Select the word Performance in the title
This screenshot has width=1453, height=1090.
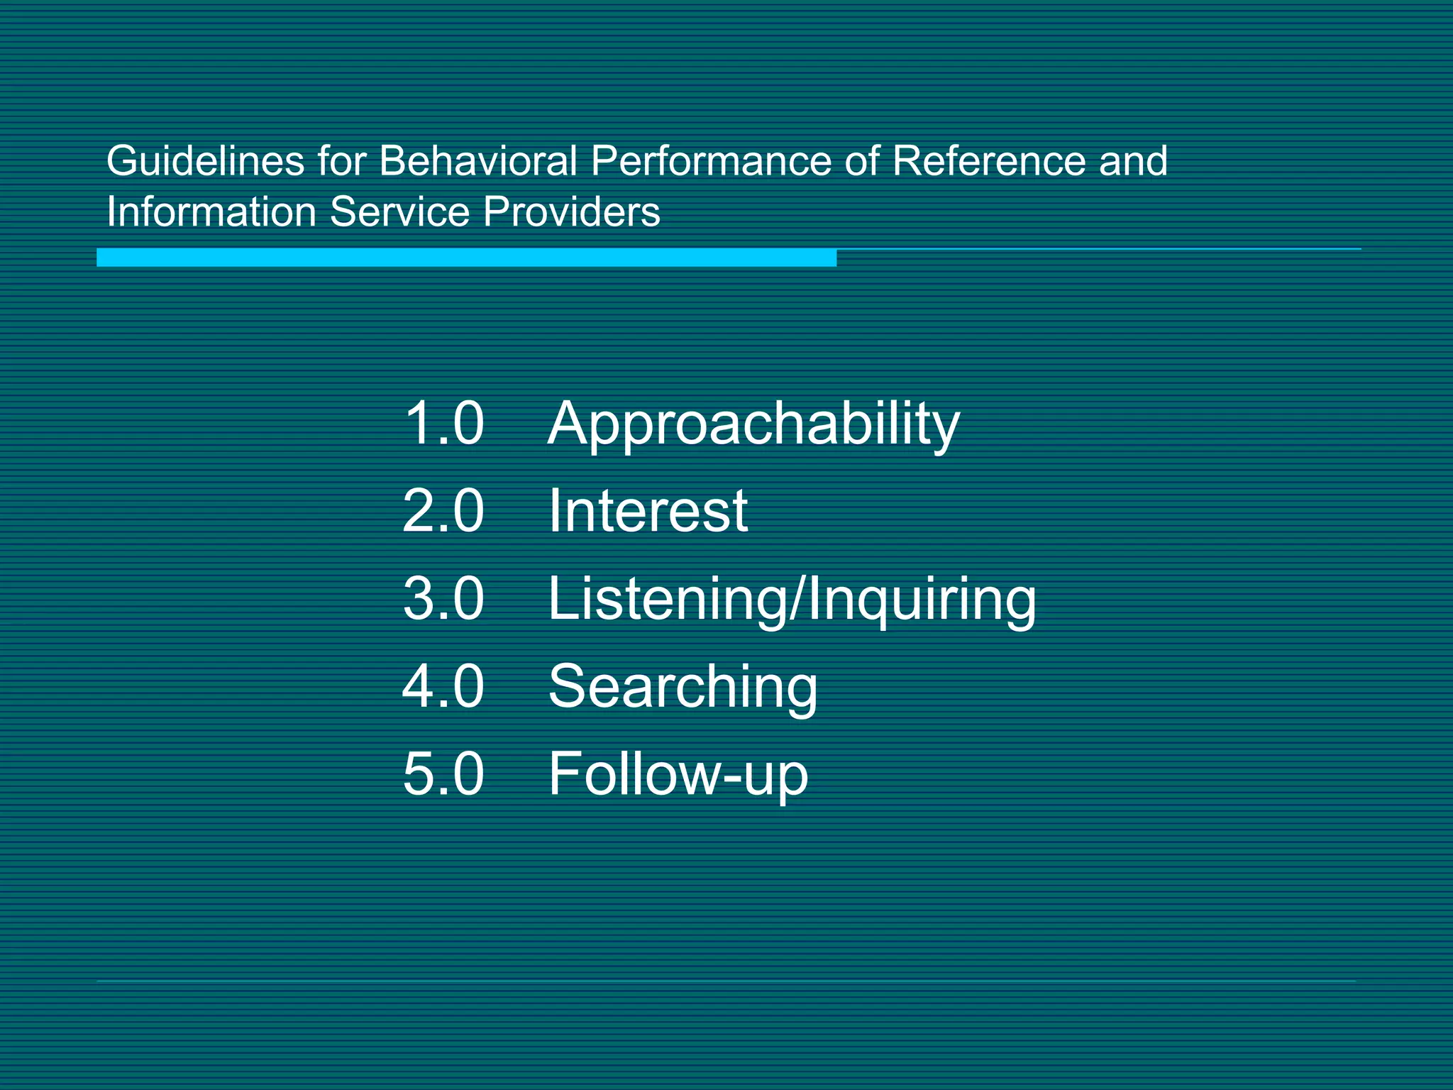coord(711,161)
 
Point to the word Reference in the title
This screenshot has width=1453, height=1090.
coord(989,161)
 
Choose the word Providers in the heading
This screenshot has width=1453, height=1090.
coord(571,212)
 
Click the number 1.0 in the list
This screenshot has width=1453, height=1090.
coord(443,424)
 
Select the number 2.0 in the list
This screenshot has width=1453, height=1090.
coord(443,511)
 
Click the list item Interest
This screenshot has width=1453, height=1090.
coord(648,511)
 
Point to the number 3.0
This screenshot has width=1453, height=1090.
coord(443,599)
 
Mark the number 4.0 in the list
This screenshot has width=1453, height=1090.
coord(443,686)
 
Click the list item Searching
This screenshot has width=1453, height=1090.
coord(683,688)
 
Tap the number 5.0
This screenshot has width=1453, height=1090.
coord(443,774)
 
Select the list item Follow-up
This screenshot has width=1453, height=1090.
coord(678,775)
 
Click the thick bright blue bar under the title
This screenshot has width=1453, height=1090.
coord(466,258)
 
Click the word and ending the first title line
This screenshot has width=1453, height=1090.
coord(1133,161)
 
